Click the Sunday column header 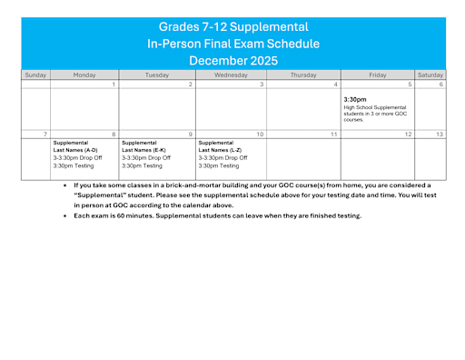pyautogui.click(x=35, y=75)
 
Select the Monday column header pyautogui.click(x=84, y=75)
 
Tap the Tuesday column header pyautogui.click(x=156, y=75)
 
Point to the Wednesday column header pyautogui.click(x=230, y=75)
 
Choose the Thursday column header pyautogui.click(x=303, y=75)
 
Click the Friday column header pyautogui.click(x=378, y=75)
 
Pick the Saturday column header pyautogui.click(x=430, y=75)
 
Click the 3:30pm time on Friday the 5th pyautogui.click(x=355, y=99)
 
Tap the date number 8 pyautogui.click(x=114, y=135)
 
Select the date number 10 pyautogui.click(x=260, y=135)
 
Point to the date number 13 pyautogui.click(x=440, y=135)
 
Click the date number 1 pyautogui.click(x=114, y=85)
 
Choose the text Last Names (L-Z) pyautogui.click(x=221, y=151)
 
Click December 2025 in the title pyautogui.click(x=233, y=60)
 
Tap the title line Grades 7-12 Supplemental pyautogui.click(x=233, y=26)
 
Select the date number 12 pyautogui.click(x=408, y=135)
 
